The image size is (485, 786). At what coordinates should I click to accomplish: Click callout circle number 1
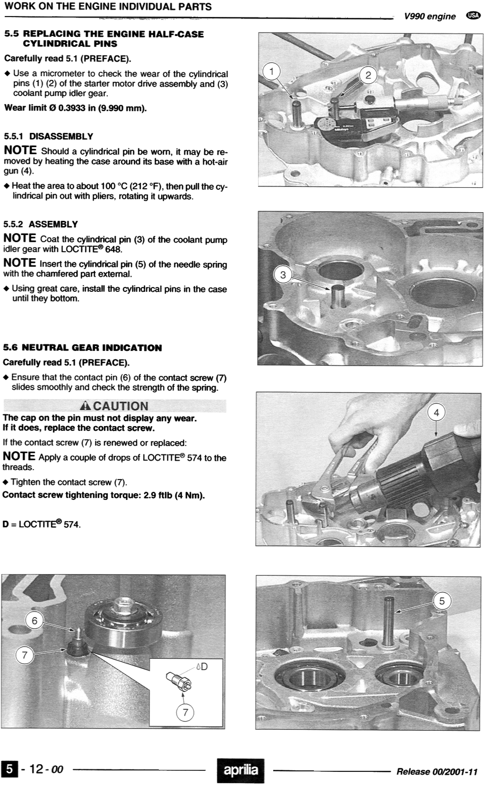pos(271,71)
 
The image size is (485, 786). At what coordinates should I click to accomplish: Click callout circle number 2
pos(368,75)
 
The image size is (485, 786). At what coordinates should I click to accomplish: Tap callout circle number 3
pos(283,275)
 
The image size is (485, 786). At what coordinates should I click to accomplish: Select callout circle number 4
pos(436,413)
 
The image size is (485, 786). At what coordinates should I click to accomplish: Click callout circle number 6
pos(34,621)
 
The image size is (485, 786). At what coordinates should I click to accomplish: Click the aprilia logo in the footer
pos(241,770)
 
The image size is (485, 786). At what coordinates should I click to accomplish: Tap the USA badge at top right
pos(473,15)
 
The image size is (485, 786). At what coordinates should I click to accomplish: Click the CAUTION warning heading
pos(114,406)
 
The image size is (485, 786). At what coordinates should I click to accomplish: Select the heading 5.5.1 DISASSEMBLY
pos(48,136)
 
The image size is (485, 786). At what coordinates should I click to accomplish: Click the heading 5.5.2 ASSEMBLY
pos(41,224)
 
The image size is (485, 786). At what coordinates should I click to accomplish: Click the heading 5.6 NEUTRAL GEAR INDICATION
pos(82,348)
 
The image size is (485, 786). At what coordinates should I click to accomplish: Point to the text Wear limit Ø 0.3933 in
pos(75,108)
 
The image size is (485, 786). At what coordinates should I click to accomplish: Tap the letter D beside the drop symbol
pos(204,666)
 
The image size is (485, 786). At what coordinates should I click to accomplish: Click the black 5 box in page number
pos(9,769)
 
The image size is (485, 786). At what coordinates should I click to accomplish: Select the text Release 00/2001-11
pos(437,772)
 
